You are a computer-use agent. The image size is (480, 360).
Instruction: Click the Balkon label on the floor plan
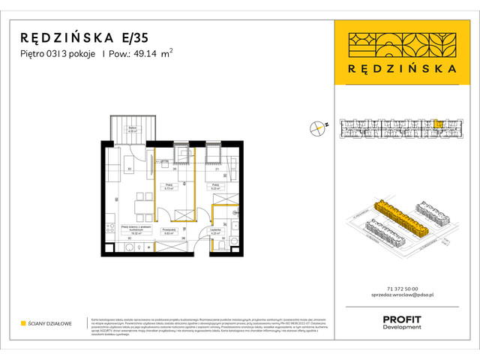132,128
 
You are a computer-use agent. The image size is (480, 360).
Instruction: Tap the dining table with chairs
138,203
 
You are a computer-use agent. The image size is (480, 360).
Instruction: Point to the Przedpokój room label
169,233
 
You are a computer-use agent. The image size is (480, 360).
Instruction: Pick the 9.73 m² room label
169,187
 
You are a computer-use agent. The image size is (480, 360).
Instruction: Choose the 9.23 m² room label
214,187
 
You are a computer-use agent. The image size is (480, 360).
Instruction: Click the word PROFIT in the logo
401,319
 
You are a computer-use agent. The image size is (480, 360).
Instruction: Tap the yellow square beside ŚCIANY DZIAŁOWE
24,323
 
